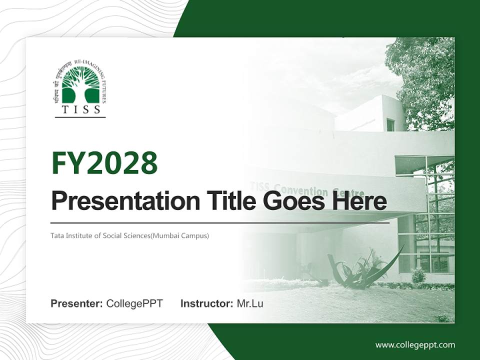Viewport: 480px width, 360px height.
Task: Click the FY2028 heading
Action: tap(104, 163)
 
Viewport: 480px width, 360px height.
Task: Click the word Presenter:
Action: tap(77, 303)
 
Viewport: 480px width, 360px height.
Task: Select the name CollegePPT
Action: tap(134, 303)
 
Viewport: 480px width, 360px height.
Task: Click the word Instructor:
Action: tap(206, 303)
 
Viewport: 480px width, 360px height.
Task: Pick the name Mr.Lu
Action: tap(250, 303)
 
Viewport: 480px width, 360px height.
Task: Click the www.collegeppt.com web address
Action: tap(415, 345)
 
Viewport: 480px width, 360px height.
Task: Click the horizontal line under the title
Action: tap(220, 223)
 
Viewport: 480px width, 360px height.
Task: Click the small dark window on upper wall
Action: tap(390, 125)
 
